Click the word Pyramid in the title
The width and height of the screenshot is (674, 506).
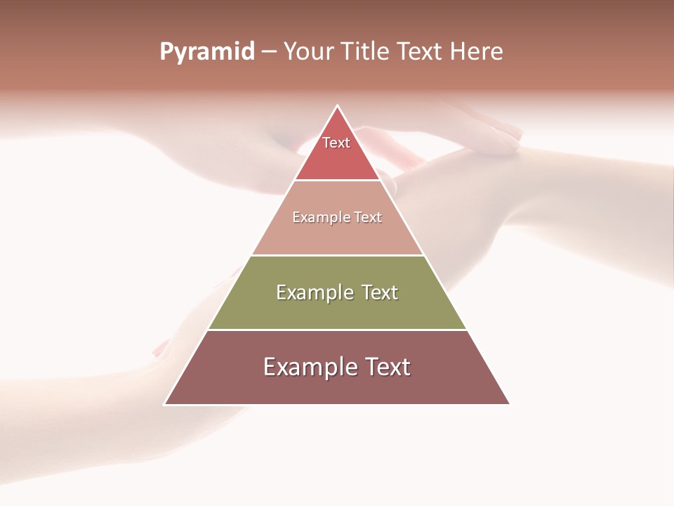pos(207,52)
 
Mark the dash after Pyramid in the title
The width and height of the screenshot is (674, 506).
pos(269,53)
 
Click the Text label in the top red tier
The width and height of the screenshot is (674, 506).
pos(336,143)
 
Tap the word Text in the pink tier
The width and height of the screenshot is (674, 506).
pos(368,217)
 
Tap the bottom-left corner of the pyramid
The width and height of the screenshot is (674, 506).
pos(165,404)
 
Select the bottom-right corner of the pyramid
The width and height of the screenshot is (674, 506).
pos(510,404)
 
